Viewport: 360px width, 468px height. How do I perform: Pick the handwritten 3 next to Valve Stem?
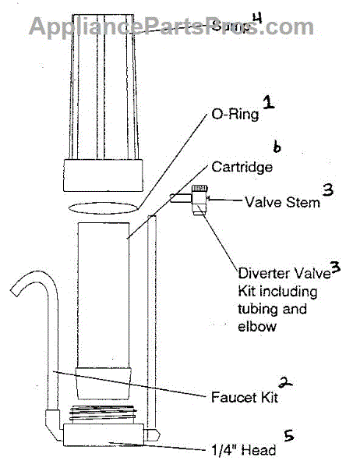328,190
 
